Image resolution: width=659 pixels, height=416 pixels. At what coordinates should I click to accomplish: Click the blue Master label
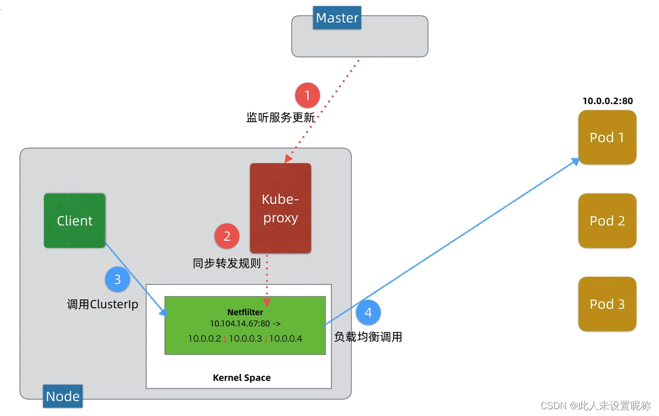[x=337, y=18]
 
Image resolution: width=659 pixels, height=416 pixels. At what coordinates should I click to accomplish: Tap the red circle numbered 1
[x=307, y=96]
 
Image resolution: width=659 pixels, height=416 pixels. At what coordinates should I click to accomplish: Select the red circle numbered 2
[x=227, y=236]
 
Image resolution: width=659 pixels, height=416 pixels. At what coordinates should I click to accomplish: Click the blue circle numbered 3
[x=117, y=280]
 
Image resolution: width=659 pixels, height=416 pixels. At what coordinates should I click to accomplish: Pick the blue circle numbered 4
[x=368, y=313]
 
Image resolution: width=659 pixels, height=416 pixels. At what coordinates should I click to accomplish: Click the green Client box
[x=75, y=221]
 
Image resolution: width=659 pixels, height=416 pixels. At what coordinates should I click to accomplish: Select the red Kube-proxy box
[x=280, y=209]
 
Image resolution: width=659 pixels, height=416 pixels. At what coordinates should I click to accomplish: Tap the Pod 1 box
[x=607, y=137]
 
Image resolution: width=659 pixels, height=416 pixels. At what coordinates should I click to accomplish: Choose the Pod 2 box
[x=607, y=221]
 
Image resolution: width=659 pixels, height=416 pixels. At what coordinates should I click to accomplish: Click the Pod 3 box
[x=607, y=304]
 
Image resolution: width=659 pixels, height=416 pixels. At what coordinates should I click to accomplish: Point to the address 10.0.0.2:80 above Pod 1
[x=607, y=101]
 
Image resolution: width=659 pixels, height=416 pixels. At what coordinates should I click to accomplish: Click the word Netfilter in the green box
[x=245, y=312]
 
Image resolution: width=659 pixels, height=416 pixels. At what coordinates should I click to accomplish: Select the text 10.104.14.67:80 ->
[x=245, y=324]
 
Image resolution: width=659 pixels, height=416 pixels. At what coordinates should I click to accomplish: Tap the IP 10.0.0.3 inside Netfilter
[x=245, y=339]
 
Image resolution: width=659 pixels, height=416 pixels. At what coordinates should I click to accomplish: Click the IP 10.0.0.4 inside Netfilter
[x=285, y=339]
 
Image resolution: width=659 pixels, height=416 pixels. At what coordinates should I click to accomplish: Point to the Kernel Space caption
[x=242, y=378]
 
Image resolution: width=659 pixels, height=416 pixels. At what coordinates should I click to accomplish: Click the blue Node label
[x=63, y=396]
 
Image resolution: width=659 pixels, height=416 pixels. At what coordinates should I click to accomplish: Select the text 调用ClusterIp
[x=103, y=304]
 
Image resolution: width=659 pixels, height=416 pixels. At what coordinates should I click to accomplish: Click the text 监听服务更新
[x=280, y=118]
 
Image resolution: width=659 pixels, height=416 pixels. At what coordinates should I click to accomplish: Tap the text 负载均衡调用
[x=368, y=337]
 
